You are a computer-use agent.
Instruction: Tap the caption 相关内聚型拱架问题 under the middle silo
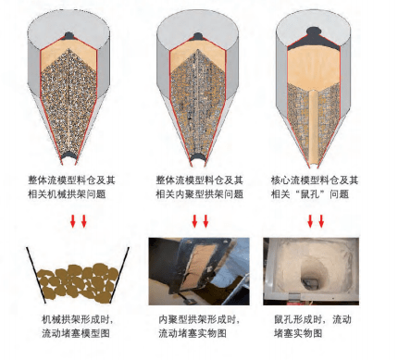coord(200,194)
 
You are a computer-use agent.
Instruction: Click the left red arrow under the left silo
coord(73,221)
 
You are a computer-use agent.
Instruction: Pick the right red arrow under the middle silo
coord(205,221)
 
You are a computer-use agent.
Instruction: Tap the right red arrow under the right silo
coord(321,221)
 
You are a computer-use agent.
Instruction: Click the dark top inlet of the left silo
coord(68,35)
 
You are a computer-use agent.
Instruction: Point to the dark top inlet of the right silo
coord(314,31)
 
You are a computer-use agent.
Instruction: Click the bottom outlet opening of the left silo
coord(69,156)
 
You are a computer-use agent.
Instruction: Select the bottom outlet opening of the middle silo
coord(197,157)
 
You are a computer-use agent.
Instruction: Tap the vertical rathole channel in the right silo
coord(314,128)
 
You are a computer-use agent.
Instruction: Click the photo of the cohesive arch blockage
coord(199,271)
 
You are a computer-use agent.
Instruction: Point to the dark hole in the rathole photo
coord(309,281)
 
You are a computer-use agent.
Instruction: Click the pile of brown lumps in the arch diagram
coord(77,282)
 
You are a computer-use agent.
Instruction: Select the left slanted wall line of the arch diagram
coord(36,275)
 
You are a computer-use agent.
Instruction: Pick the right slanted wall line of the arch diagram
coord(119,274)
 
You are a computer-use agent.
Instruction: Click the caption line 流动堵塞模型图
coord(76,333)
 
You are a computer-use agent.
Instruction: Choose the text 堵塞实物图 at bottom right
coord(298,333)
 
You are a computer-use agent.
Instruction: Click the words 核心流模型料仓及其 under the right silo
coord(315,180)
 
